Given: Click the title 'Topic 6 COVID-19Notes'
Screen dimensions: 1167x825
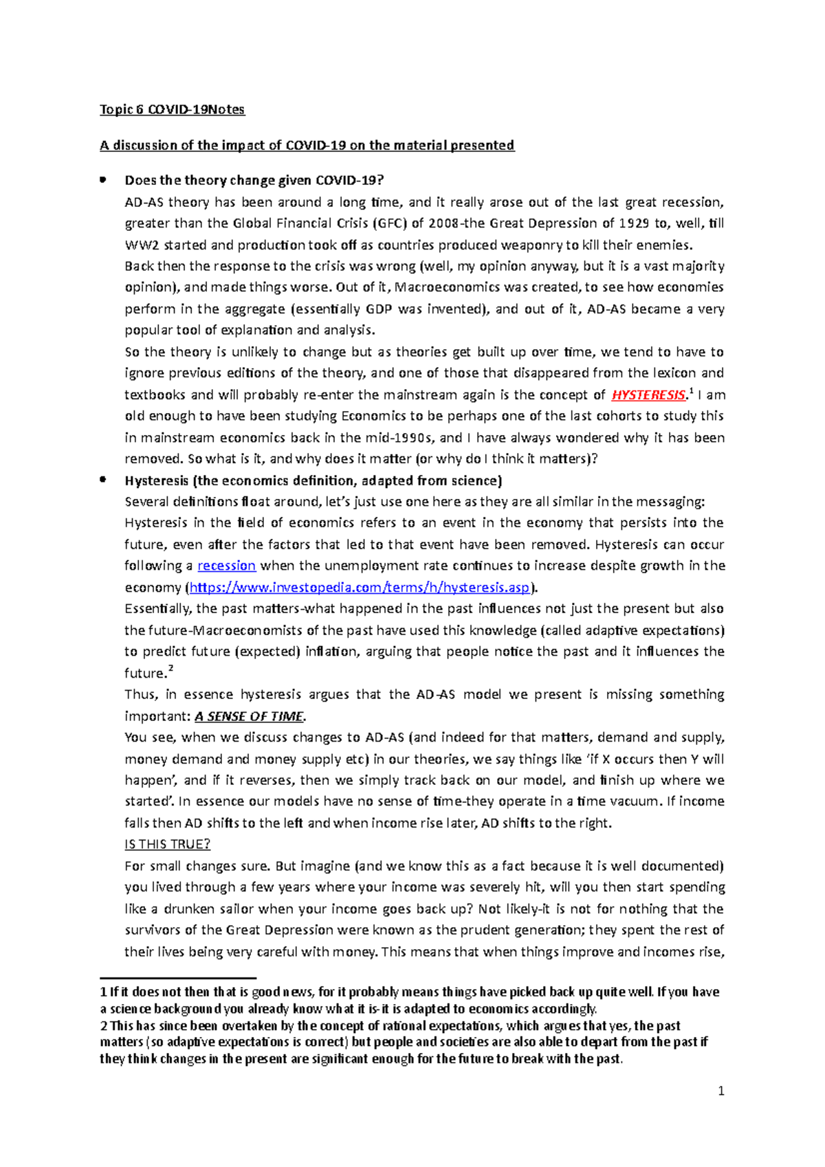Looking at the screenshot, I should point(172,110).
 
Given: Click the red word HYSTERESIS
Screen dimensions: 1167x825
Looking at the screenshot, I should point(648,395).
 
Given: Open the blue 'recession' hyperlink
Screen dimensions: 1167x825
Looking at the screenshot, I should point(226,566).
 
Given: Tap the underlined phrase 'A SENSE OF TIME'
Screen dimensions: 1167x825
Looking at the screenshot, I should point(248,716).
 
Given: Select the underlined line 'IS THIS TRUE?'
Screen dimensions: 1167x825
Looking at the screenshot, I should point(167,844).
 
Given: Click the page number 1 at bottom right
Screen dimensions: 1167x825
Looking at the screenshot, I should point(720,1091).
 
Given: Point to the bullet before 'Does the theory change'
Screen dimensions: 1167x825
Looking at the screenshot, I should point(102,180).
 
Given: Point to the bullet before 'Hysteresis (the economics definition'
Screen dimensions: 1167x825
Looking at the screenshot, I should point(102,480).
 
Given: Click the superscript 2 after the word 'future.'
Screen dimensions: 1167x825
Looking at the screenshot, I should point(170,669).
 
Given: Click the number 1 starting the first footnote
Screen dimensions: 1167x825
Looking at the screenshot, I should point(103,992).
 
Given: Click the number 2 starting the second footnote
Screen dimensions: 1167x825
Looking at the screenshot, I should point(103,1025).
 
